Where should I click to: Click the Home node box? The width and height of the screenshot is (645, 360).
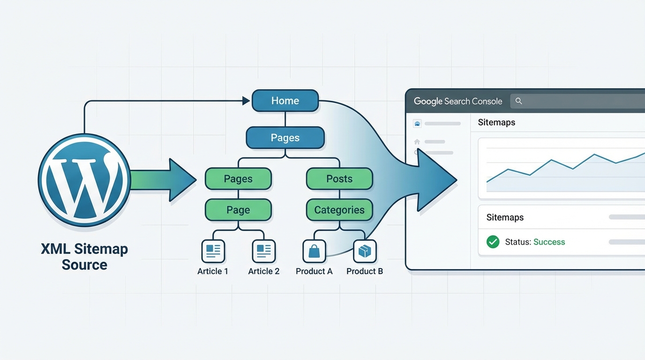point(285,101)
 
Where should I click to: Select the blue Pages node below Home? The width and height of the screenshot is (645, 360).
point(285,138)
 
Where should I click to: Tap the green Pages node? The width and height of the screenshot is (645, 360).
point(238,179)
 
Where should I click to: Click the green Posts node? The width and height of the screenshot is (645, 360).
point(339,179)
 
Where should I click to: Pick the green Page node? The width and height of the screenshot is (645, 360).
point(238,210)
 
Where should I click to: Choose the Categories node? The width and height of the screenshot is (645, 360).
point(339,210)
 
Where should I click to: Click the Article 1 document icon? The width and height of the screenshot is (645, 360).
point(213,251)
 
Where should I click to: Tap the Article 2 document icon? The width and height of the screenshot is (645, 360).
point(263,251)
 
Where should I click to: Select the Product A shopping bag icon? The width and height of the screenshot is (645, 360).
point(314,251)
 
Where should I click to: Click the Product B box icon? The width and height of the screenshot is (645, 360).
point(365,251)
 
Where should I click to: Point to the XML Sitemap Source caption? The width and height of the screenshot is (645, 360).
point(84,256)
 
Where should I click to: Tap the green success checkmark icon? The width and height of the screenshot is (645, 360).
point(493,242)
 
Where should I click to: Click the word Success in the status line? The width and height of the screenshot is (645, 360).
point(549,242)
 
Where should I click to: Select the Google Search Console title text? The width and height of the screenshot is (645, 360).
point(458,101)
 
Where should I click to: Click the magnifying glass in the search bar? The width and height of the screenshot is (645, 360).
point(519,101)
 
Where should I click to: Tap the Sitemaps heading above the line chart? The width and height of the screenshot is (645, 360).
point(496,122)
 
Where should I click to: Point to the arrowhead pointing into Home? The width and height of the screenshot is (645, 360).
point(246,100)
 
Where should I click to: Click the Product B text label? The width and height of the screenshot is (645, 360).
point(365,271)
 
